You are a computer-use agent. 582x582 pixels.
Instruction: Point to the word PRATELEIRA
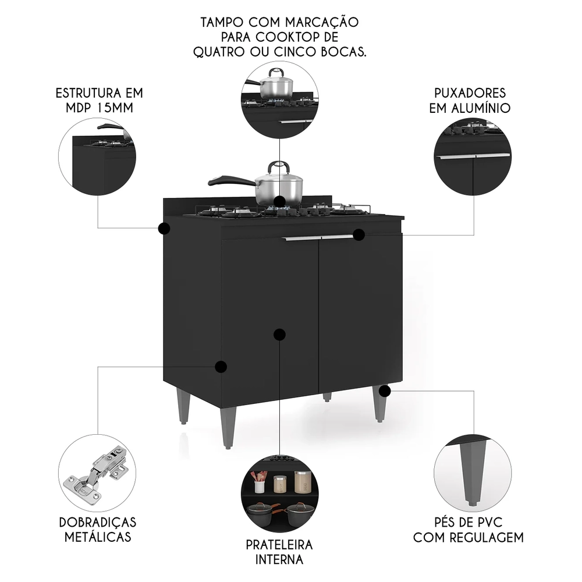point(279,545)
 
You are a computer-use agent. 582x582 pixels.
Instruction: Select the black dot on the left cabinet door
point(279,334)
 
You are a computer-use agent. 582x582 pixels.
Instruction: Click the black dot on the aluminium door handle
point(359,235)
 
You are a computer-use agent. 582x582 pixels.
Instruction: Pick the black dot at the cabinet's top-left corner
point(164,228)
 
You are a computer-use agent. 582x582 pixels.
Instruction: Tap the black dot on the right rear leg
point(384,391)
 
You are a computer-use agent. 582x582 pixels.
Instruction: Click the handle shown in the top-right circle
point(472,156)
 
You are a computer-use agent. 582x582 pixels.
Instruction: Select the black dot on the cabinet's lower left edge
point(221,367)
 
